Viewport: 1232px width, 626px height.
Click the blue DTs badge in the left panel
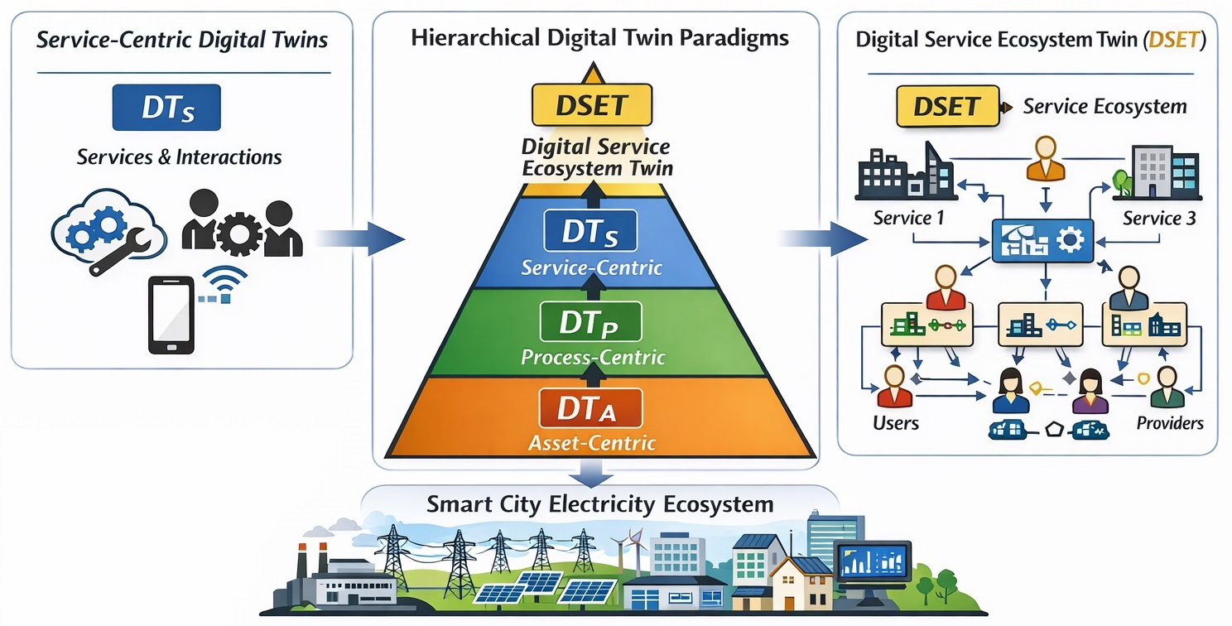[x=166, y=108]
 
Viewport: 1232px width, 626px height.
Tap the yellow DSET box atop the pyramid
[x=592, y=104]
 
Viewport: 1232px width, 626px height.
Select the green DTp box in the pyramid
[x=590, y=322]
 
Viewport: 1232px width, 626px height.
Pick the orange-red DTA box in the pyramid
[x=590, y=408]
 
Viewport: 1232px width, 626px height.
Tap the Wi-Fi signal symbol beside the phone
[x=224, y=284]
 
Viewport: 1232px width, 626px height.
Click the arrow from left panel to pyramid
[x=360, y=238]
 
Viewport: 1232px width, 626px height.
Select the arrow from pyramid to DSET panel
[x=823, y=238]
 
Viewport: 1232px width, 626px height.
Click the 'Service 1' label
[x=908, y=218]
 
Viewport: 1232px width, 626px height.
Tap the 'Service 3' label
[x=1159, y=219]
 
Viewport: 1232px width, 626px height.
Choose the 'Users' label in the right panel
[x=895, y=423]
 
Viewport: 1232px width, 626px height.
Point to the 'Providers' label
[x=1170, y=423]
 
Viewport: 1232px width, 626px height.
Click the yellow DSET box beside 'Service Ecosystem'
[x=948, y=106]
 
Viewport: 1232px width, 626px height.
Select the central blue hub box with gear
[x=1042, y=240]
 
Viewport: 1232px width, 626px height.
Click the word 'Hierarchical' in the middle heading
[x=475, y=38]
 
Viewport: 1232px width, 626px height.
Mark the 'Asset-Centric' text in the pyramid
[x=592, y=443]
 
